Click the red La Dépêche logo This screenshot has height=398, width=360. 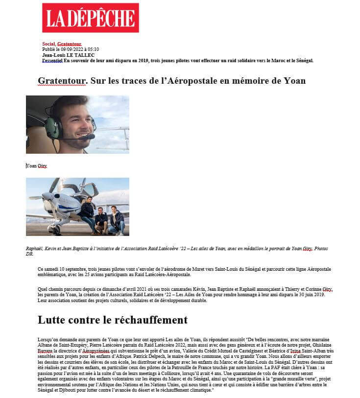click(x=90, y=18)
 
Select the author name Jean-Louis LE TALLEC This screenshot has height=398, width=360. click(x=68, y=55)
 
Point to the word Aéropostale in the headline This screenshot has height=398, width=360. click(x=196, y=81)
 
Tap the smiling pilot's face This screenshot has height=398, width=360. click(x=76, y=122)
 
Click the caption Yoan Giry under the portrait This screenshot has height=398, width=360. click(x=36, y=165)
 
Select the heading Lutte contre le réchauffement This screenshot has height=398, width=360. click(x=112, y=320)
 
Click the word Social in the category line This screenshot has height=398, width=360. click(x=48, y=44)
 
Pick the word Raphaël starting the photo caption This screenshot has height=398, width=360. click(x=34, y=249)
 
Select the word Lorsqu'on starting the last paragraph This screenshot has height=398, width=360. click(x=48, y=339)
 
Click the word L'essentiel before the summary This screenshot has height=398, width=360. click(x=52, y=61)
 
